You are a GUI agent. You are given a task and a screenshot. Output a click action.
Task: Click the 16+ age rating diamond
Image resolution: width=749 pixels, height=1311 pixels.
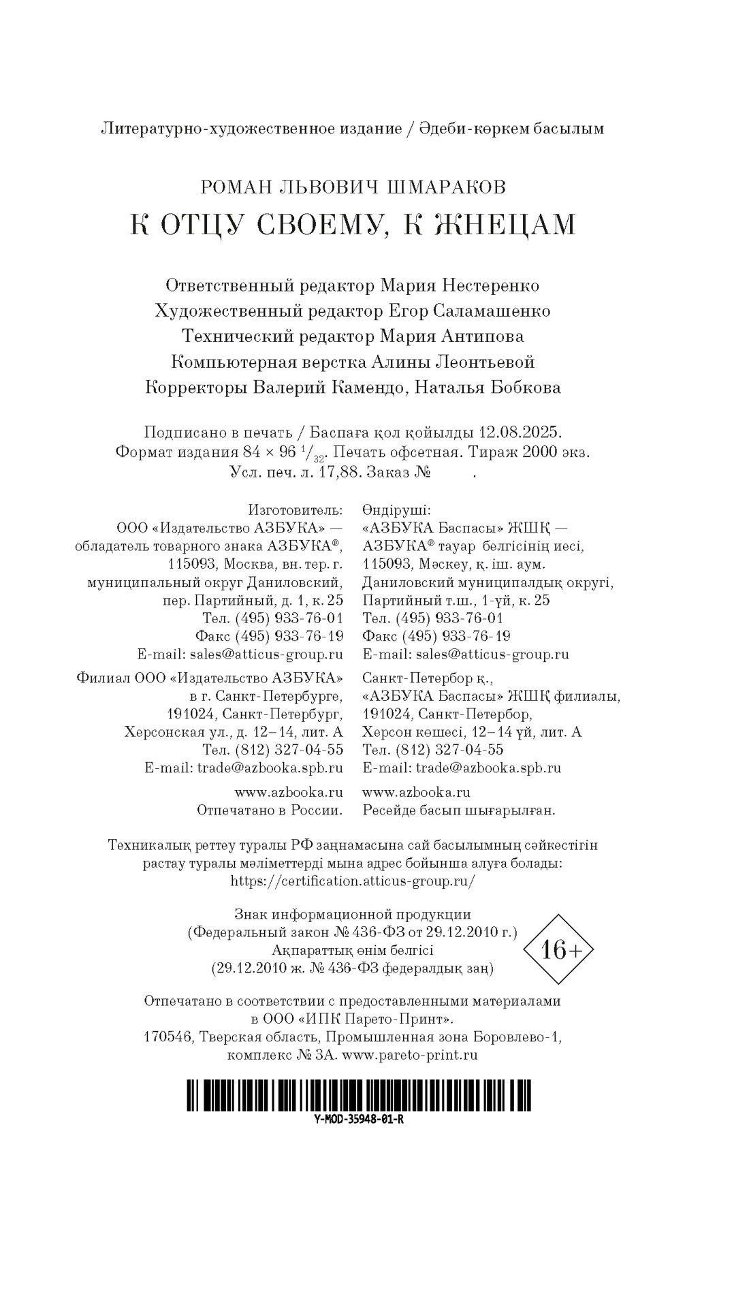[557, 949]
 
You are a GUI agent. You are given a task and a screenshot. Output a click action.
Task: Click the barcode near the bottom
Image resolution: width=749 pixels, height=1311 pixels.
[359, 1094]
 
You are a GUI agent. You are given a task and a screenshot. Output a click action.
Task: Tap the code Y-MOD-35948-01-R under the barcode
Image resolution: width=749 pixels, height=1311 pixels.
[359, 1120]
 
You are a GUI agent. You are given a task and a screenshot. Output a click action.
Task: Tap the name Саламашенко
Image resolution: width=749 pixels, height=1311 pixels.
[491, 311]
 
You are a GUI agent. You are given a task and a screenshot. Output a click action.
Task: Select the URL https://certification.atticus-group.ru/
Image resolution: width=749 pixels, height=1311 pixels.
[353, 881]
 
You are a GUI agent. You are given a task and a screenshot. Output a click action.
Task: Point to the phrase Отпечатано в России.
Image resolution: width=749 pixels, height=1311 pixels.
[270, 810]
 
